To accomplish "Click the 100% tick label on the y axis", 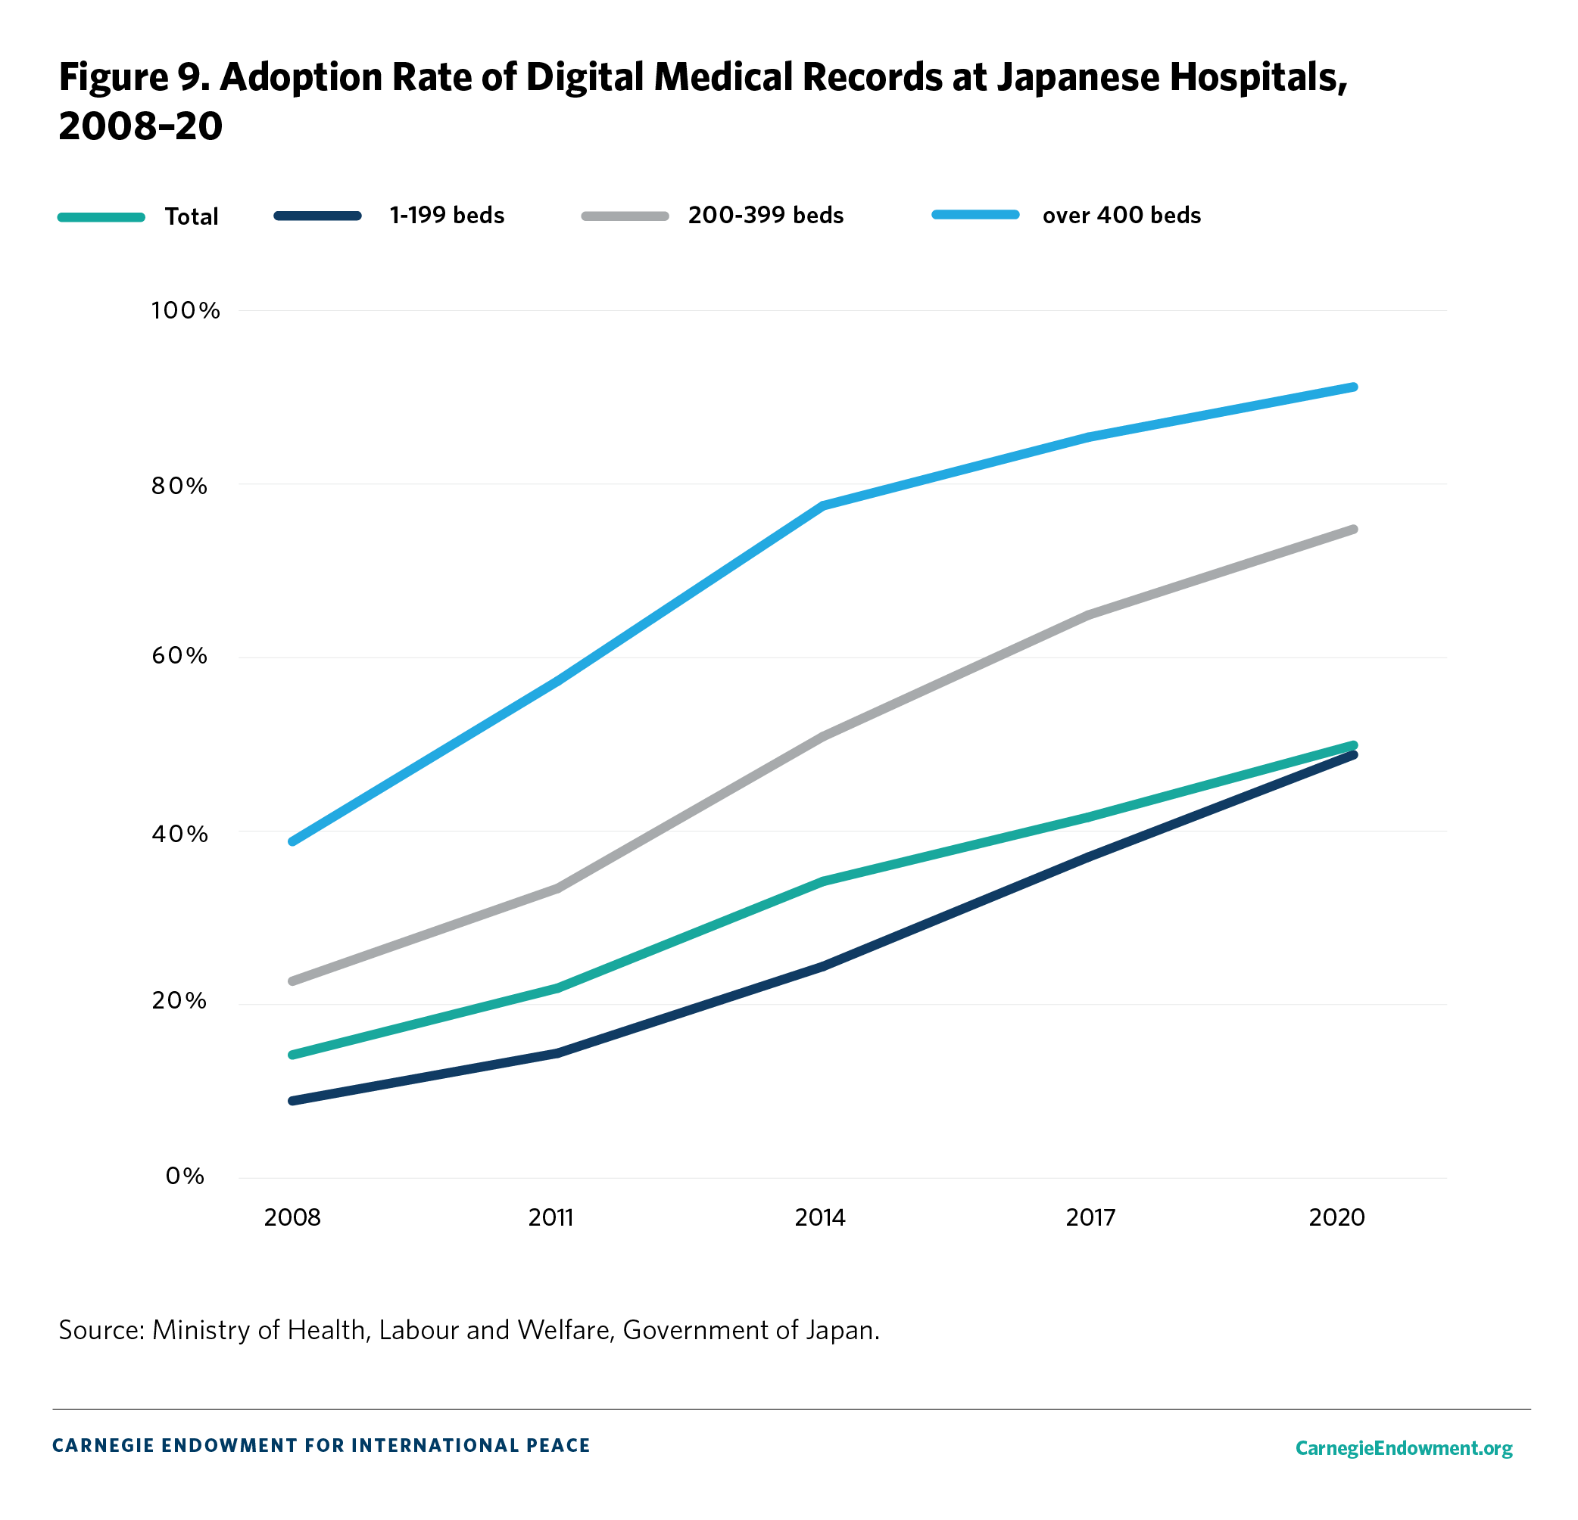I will point(186,311).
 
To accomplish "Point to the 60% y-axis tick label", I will point(179,655).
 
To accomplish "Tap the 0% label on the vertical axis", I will point(184,1177).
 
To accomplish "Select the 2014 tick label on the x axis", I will point(819,1217).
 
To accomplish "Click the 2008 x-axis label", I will point(292,1217).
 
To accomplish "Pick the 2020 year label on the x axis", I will point(1336,1217).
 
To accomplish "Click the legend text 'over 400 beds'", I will point(1121,216).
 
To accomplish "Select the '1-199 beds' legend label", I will point(447,216).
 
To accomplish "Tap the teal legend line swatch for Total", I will point(101,217).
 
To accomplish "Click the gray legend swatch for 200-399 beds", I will point(625,216).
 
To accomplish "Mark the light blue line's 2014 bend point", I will point(823,505).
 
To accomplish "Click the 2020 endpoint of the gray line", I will point(1353,530).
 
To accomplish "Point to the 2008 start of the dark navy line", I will point(292,1100).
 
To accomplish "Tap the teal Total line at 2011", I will point(557,987).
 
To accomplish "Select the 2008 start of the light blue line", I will point(292,841).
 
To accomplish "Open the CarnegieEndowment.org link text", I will point(1403,1448).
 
